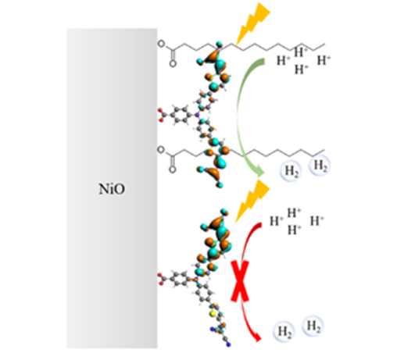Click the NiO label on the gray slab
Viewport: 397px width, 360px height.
pos(112,189)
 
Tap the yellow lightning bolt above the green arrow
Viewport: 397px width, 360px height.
pos(252,23)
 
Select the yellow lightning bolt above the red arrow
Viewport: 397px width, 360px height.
pos(252,201)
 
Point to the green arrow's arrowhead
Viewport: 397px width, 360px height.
pos(259,172)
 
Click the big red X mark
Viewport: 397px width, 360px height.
pos(240,281)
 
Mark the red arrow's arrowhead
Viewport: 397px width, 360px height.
pos(257,337)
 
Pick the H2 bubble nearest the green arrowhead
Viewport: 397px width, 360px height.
pos(291,171)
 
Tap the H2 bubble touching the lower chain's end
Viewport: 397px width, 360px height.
pos(320,166)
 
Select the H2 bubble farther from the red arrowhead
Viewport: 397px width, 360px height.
pos(313,326)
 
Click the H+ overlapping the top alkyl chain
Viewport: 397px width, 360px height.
pos(301,52)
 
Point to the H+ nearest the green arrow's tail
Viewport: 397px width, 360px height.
pos(284,60)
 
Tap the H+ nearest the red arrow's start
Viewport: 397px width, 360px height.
pos(277,221)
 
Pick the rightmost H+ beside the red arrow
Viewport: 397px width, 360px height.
pos(317,221)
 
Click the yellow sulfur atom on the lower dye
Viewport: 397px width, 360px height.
pos(213,314)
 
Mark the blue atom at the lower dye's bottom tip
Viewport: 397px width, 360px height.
pos(229,345)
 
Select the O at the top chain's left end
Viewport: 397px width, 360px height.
pos(161,44)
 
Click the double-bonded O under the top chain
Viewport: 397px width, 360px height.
pos(173,63)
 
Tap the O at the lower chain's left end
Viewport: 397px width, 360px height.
pos(161,150)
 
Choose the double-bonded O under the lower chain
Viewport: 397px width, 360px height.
pos(172,169)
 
